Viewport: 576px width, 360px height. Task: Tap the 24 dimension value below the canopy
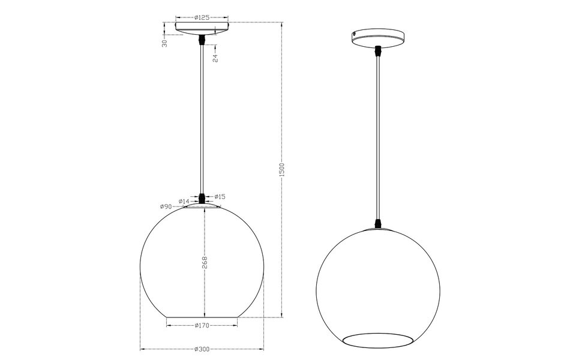(214, 58)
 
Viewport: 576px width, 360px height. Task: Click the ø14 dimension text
(184, 201)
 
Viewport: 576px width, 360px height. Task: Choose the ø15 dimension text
(220, 197)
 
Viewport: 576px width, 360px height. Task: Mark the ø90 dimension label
(166, 206)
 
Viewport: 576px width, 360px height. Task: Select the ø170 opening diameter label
(202, 326)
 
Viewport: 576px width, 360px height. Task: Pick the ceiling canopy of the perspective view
(379, 37)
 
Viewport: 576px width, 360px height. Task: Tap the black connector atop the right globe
(378, 223)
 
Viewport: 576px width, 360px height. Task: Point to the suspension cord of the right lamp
(378, 138)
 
